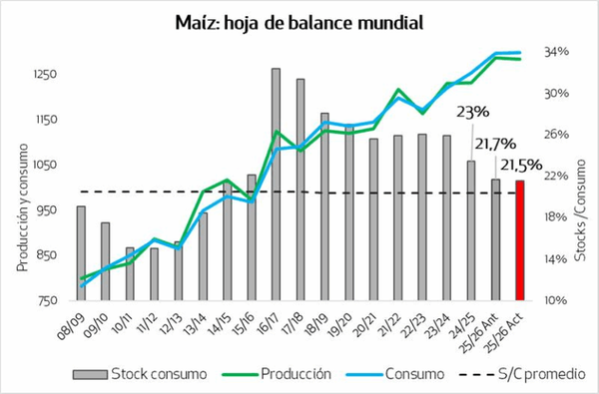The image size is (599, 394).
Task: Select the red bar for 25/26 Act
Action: click(x=520, y=239)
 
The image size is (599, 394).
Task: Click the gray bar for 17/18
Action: click(x=299, y=190)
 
